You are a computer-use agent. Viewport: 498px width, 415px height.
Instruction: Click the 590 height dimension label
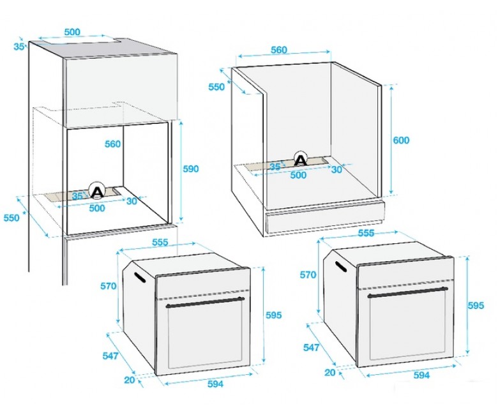pyautogui.click(x=190, y=169)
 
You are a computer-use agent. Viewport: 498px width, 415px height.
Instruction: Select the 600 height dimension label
pyautogui.click(x=401, y=140)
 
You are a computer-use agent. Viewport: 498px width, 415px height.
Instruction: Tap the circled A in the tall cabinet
pyautogui.click(x=96, y=191)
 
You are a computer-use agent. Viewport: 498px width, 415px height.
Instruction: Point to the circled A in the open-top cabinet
pyautogui.click(x=301, y=160)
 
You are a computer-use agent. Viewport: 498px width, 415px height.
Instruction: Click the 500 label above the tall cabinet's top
pyautogui.click(x=72, y=32)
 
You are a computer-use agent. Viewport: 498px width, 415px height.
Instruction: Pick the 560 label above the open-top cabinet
pyautogui.click(x=279, y=50)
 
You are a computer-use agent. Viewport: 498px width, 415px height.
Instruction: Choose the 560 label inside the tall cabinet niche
pyautogui.click(x=113, y=144)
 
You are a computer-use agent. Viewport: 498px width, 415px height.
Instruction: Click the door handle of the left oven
pyautogui.click(x=206, y=303)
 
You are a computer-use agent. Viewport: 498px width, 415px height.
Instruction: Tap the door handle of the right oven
pyautogui.click(x=407, y=292)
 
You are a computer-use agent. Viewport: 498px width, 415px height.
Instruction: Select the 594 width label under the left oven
pyautogui.click(x=215, y=384)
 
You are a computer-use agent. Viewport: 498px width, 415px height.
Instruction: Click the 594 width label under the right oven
pyautogui.click(x=421, y=375)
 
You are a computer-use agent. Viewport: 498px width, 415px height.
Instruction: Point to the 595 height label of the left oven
pyautogui.click(x=274, y=315)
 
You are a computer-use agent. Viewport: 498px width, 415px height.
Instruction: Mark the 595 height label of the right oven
pyautogui.click(x=476, y=305)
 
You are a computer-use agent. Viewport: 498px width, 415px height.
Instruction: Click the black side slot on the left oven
pyautogui.click(x=140, y=277)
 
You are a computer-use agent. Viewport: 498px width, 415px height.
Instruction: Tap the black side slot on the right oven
pyautogui.click(x=341, y=266)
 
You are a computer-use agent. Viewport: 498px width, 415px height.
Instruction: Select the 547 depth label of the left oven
pyautogui.click(x=110, y=356)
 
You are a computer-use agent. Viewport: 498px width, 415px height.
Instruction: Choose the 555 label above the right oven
pyautogui.click(x=366, y=233)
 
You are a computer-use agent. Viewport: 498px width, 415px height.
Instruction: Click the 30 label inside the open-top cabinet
pyautogui.click(x=336, y=170)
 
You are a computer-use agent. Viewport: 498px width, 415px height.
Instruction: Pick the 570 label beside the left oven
pyautogui.click(x=109, y=286)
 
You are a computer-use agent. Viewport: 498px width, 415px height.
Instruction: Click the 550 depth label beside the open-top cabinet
pyautogui.click(x=216, y=87)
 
